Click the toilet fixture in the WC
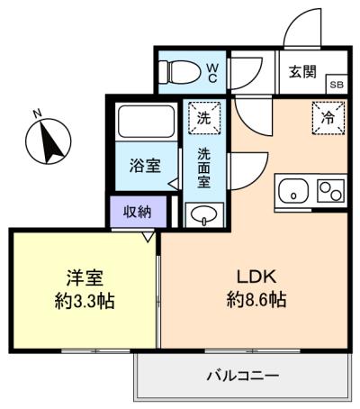click(179, 72)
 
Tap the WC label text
click(212, 73)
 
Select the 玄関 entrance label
click(302, 72)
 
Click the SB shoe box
click(337, 84)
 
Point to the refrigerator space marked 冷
click(328, 118)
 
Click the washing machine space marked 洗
click(204, 118)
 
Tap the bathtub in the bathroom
click(146, 122)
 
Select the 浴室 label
click(145, 166)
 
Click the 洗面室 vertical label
click(204, 168)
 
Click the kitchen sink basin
click(293, 191)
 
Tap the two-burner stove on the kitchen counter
click(330, 191)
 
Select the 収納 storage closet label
click(138, 213)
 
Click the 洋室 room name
click(85, 277)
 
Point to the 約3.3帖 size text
click(85, 301)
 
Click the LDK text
click(256, 277)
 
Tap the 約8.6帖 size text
click(256, 299)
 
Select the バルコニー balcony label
click(243, 376)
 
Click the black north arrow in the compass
click(50, 141)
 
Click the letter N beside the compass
click(37, 114)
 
